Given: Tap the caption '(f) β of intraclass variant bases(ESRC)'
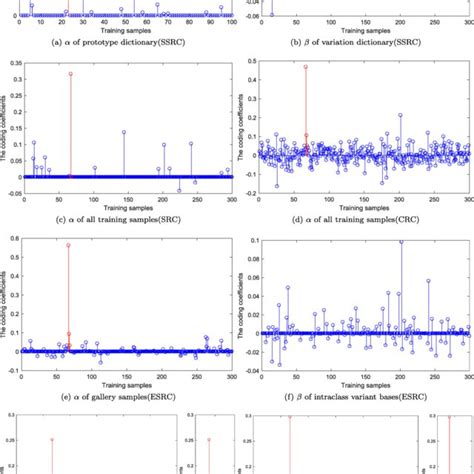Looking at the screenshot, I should (357, 396).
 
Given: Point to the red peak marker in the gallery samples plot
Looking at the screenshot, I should (68, 245).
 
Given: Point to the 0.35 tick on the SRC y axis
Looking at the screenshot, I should (13, 62).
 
